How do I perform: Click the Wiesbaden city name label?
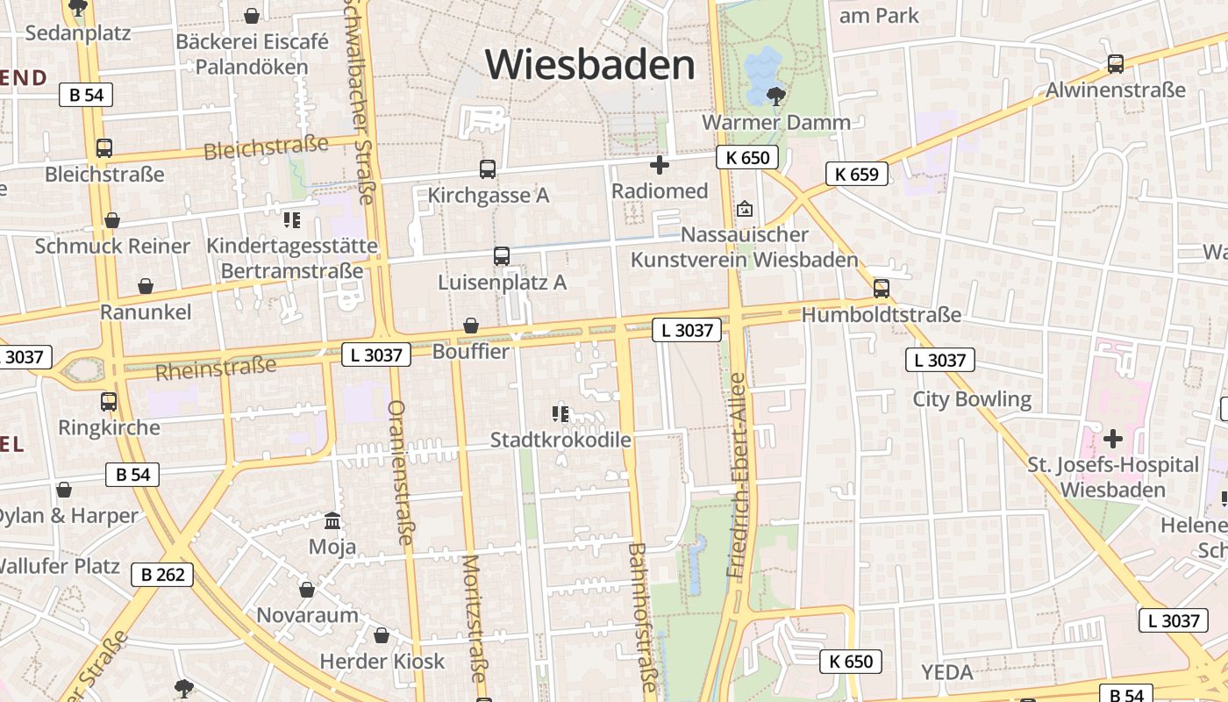point(589,65)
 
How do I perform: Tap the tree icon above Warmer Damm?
point(775,95)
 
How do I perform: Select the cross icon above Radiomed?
point(660,164)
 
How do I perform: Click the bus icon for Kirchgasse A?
point(488,168)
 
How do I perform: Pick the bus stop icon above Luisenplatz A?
point(502,256)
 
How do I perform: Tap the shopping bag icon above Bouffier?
point(471,326)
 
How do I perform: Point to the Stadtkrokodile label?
point(560,439)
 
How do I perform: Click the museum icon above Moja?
point(332,521)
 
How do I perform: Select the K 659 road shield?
point(857,174)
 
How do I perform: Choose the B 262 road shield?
point(162,575)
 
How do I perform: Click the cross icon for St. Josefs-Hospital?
point(1113,438)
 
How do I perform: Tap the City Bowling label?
point(972,399)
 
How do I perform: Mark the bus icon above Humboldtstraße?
point(882,288)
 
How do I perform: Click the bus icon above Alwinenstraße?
point(1116,63)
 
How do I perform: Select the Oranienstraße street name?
point(400,472)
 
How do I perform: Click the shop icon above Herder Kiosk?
point(382,634)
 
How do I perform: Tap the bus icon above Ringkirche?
point(109,402)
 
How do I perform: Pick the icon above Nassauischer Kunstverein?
point(745,209)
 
